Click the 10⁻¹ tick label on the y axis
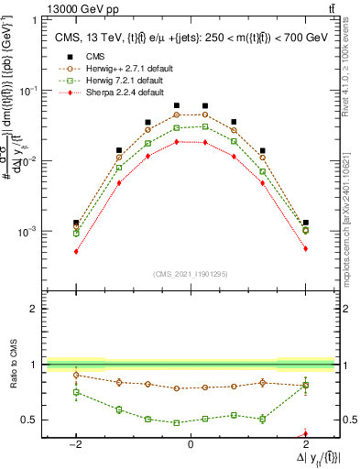click(27, 91)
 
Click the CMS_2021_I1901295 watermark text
click(190, 273)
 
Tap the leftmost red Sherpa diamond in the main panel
click(75, 251)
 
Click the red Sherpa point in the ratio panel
click(305, 434)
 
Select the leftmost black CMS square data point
click(75, 223)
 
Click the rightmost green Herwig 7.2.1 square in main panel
click(305, 231)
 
